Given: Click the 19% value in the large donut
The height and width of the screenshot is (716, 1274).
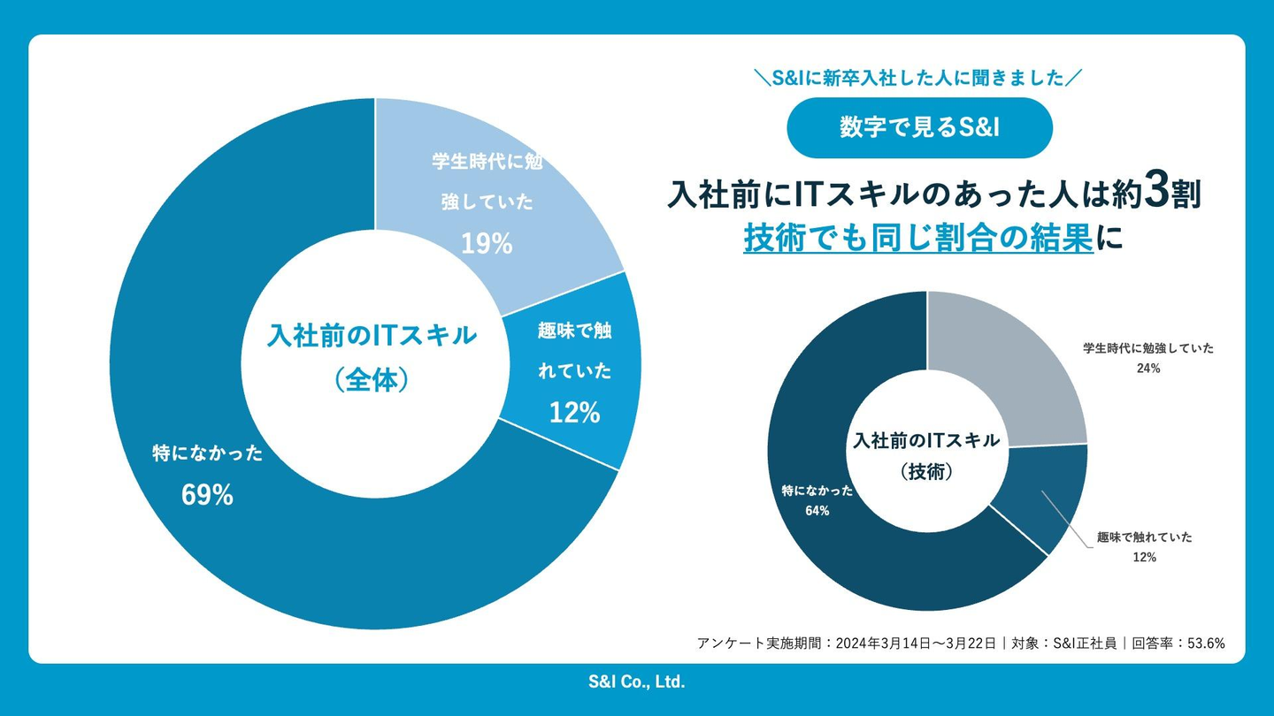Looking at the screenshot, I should click(x=487, y=243).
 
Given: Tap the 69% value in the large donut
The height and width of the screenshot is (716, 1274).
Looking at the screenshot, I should click(x=207, y=495).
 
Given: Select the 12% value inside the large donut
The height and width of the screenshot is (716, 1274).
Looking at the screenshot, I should click(x=574, y=412).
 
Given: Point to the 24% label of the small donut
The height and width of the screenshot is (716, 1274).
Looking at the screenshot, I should click(x=1148, y=368).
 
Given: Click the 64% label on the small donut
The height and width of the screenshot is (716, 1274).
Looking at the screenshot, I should click(x=817, y=510).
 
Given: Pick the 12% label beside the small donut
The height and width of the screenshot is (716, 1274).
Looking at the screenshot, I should click(x=1144, y=557).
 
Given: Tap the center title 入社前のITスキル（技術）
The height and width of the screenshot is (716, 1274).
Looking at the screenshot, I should click(x=925, y=454).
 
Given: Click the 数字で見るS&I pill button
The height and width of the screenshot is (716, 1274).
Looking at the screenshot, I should click(x=919, y=128).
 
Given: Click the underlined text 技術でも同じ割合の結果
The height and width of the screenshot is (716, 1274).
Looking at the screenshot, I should click(x=917, y=239).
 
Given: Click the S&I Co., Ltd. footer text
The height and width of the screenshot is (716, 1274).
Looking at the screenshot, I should click(x=637, y=682).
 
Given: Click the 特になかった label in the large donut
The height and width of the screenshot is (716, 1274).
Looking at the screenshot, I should click(x=207, y=453).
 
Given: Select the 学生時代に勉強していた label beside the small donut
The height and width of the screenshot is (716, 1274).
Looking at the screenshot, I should click(x=1148, y=348).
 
